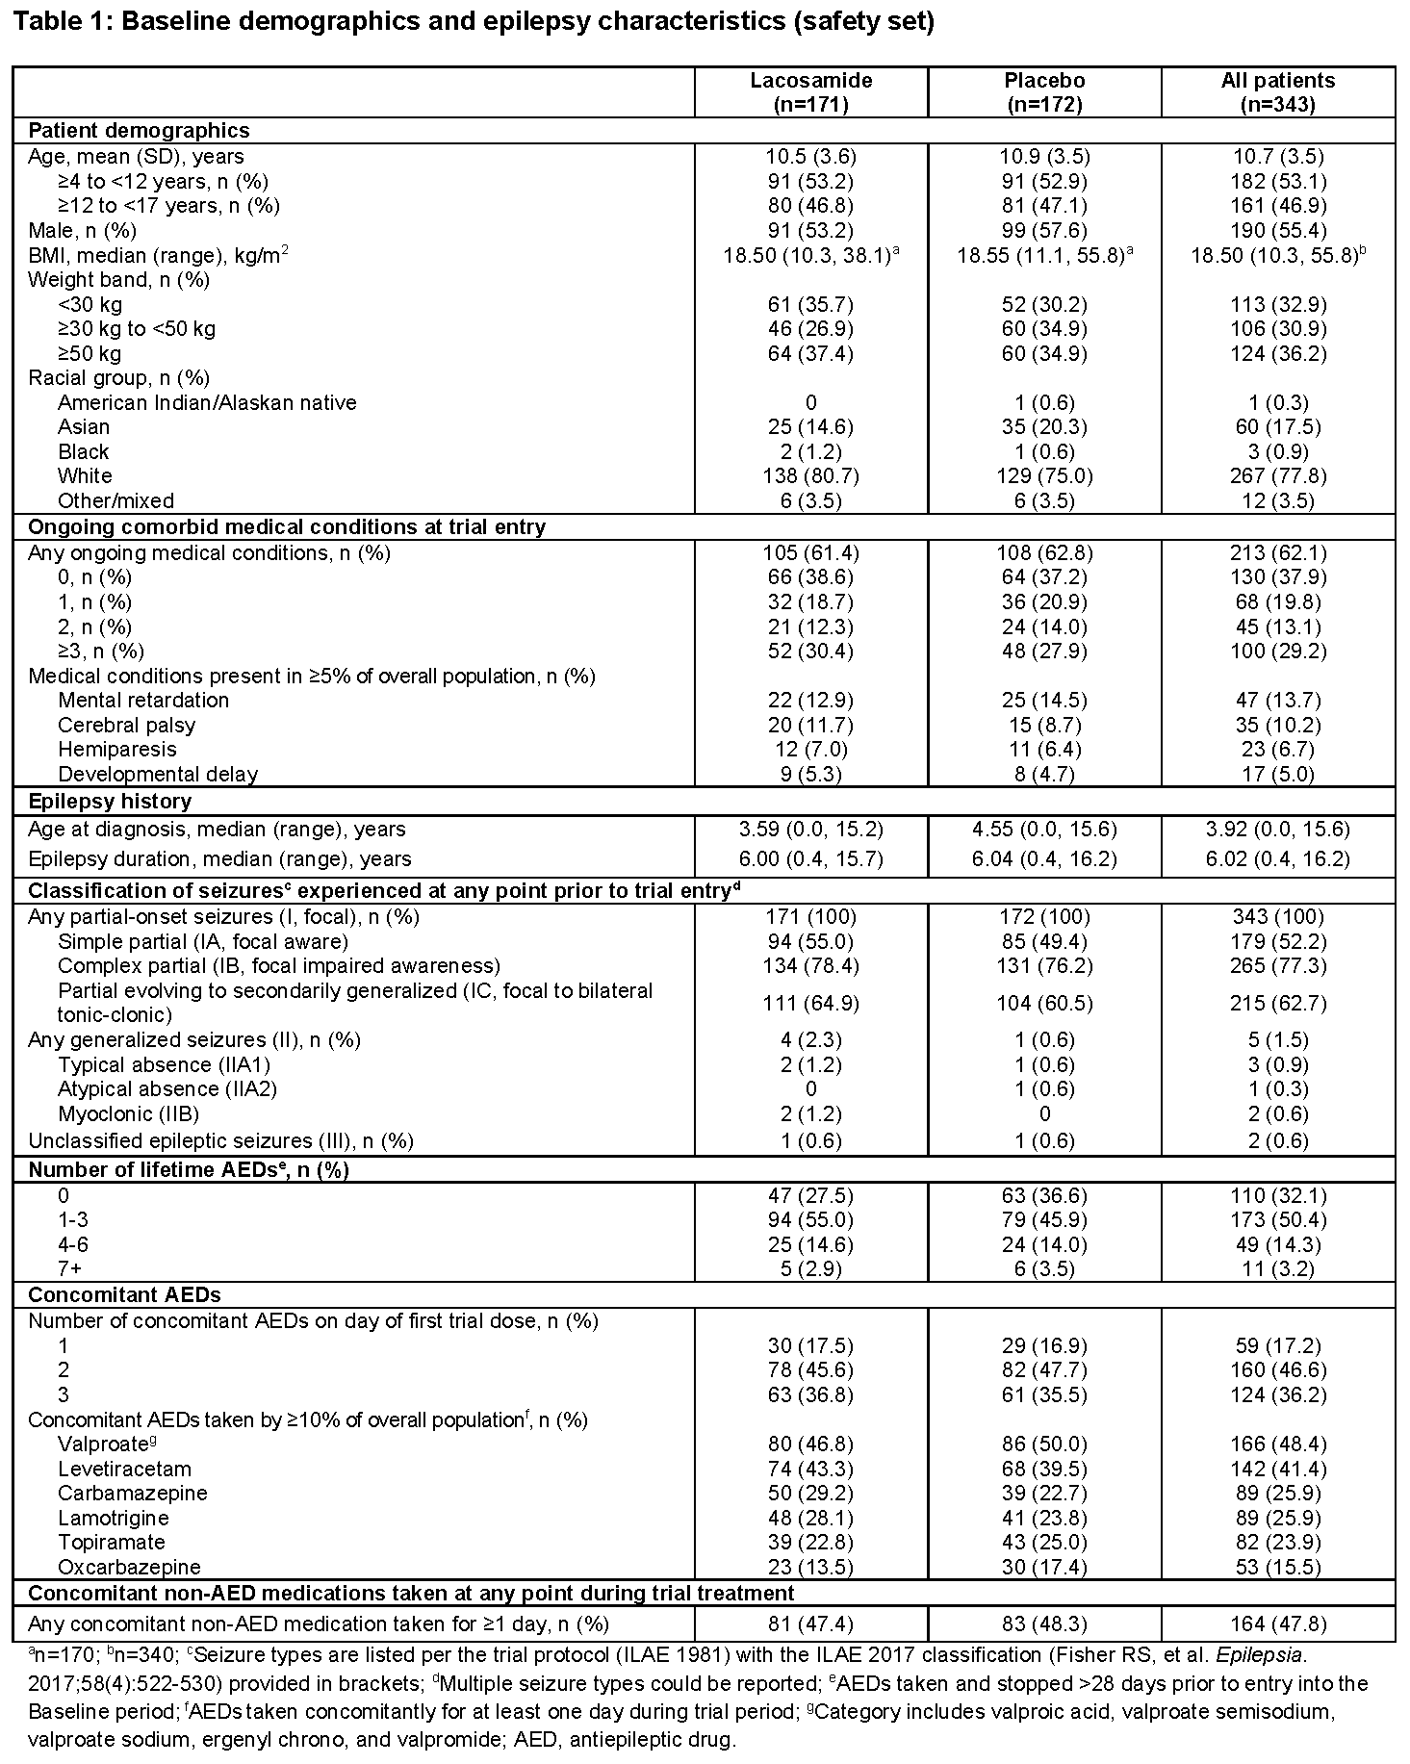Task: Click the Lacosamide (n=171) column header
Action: (x=810, y=92)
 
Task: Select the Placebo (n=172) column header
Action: (x=1044, y=92)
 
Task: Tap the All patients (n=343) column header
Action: (x=1278, y=92)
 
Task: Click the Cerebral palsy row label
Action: (x=126, y=725)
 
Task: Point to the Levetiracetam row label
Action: (x=124, y=1469)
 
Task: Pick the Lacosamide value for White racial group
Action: (x=810, y=475)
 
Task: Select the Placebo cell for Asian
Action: (x=1044, y=426)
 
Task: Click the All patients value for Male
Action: (x=1278, y=230)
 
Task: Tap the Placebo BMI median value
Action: (x=1044, y=255)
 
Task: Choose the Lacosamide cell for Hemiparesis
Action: (x=810, y=749)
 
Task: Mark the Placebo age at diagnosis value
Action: (x=1044, y=829)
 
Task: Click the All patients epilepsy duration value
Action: (x=1278, y=858)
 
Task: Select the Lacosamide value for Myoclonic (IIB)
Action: (x=810, y=1113)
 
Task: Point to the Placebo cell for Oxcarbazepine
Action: (x=1044, y=1567)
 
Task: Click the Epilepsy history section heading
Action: (x=110, y=801)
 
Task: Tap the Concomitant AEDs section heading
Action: (x=124, y=1294)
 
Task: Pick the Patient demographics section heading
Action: (x=139, y=131)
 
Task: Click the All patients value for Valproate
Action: (x=1278, y=1444)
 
